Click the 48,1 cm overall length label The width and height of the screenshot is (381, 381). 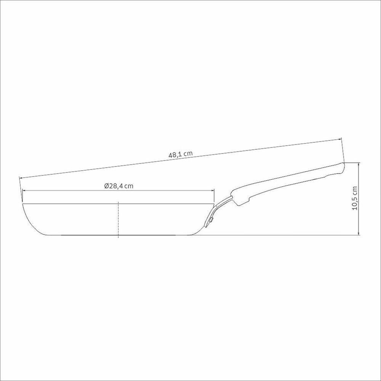[181, 155]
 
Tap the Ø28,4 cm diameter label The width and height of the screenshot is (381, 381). [119, 186]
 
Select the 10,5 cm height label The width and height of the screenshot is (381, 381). [355, 198]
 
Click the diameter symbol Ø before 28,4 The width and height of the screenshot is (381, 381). [106, 186]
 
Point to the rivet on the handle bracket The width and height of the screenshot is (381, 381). [212, 220]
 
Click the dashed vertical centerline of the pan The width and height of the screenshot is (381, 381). [118, 219]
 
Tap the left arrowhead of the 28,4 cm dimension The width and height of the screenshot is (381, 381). [24, 191]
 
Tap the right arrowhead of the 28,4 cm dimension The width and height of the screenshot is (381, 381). [212, 191]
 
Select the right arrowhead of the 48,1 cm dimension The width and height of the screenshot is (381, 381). [339, 139]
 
